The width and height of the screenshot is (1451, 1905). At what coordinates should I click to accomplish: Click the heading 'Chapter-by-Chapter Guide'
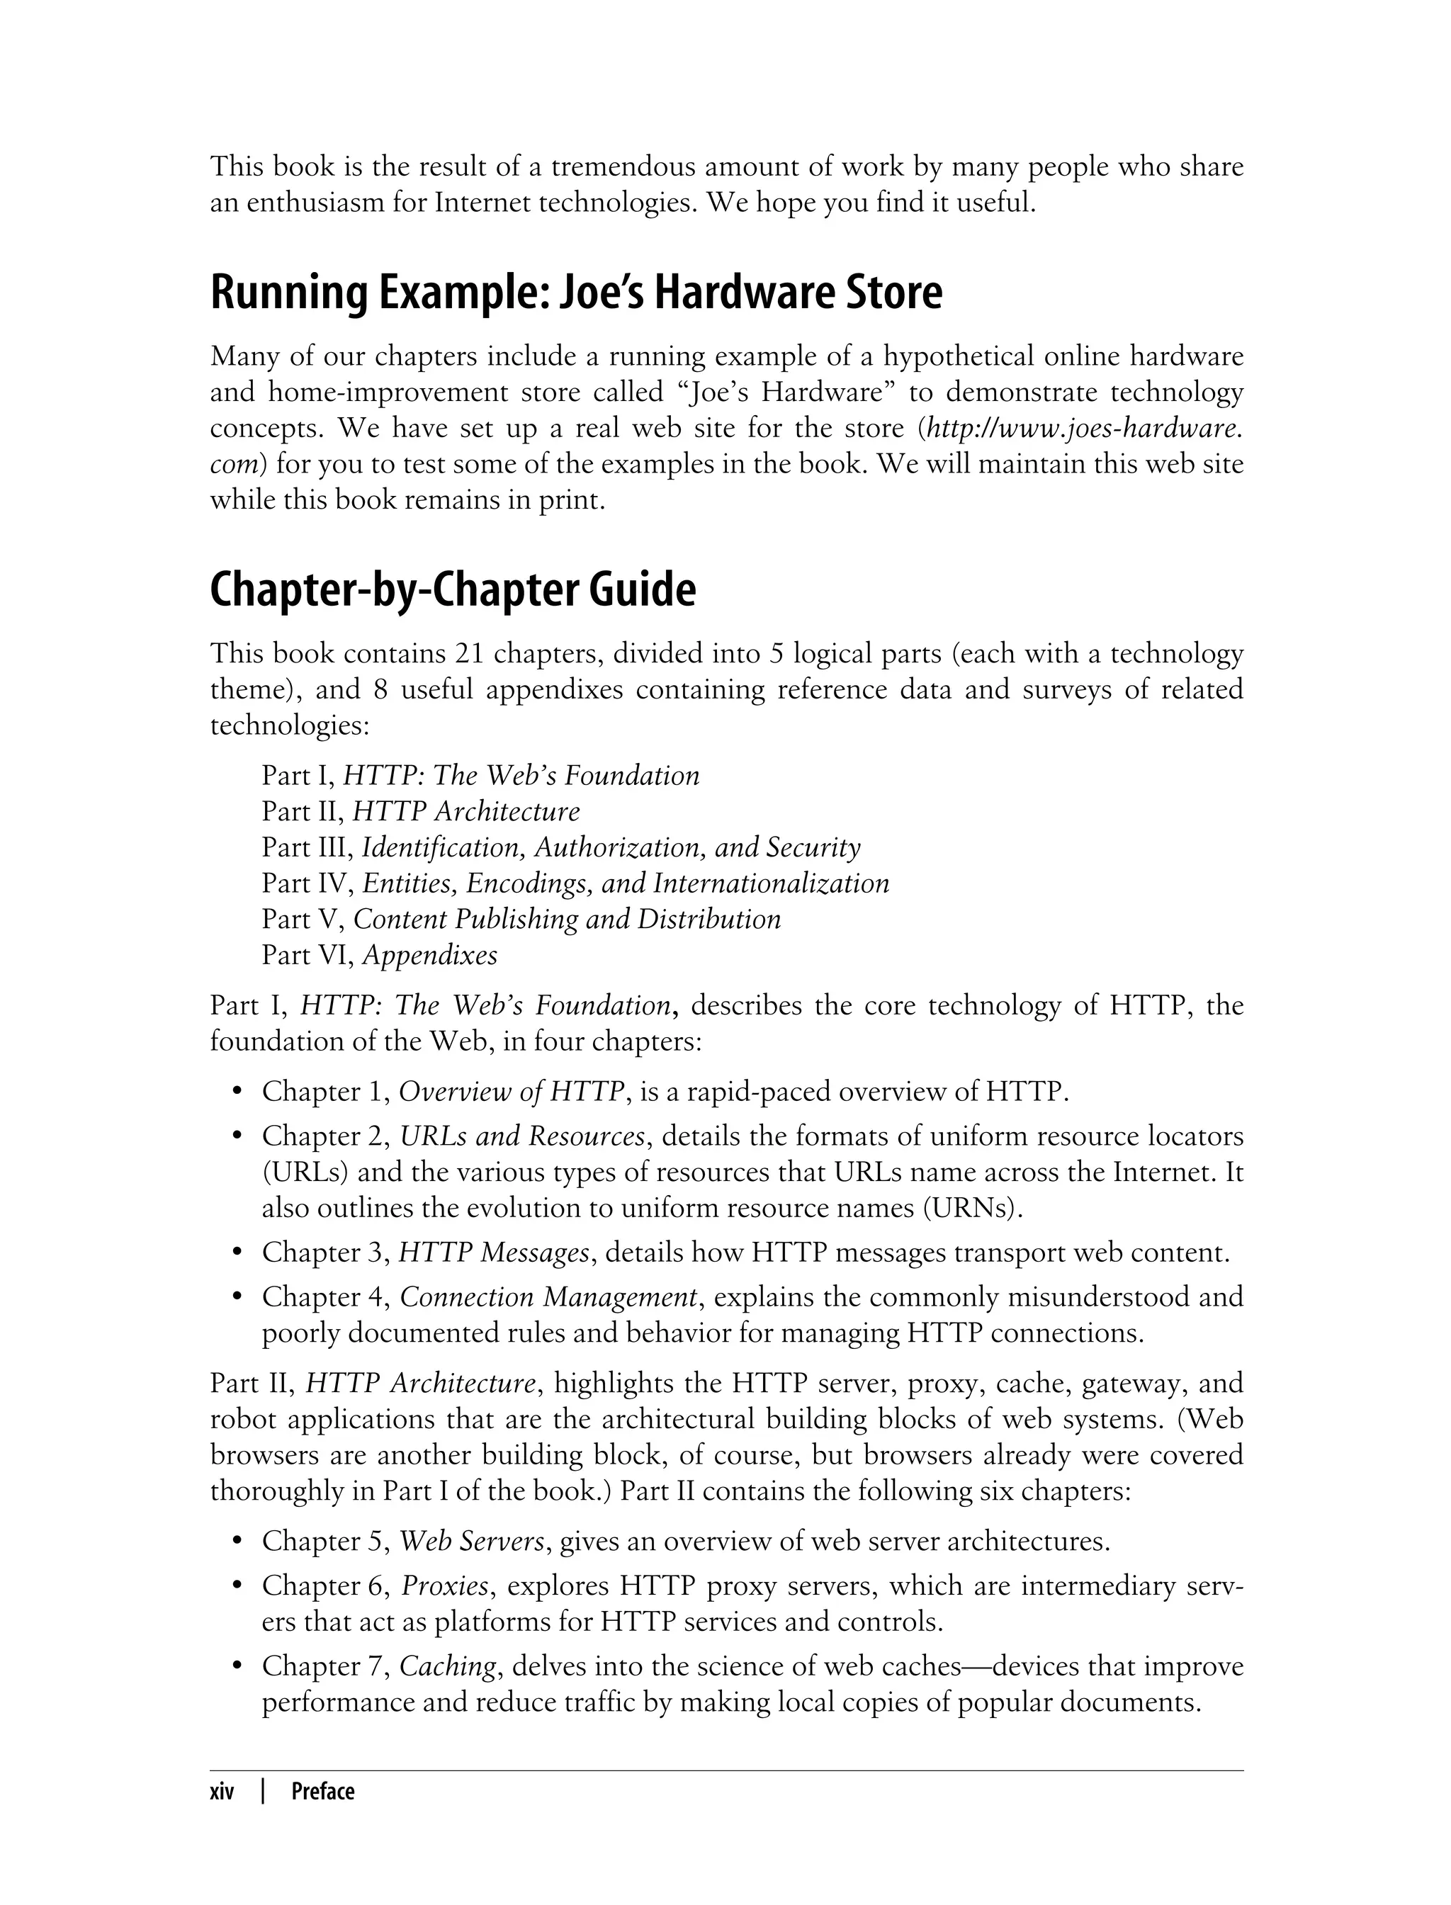(453, 591)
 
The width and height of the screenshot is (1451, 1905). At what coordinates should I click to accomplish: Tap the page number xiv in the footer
(222, 1792)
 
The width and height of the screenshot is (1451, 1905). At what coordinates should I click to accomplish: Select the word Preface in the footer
(323, 1792)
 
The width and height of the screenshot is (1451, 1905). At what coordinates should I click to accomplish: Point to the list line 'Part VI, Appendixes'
(379, 955)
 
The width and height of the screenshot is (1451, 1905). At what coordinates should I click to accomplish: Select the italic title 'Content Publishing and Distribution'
(568, 919)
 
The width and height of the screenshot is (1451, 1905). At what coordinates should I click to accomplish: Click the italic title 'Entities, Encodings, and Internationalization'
(626, 883)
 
